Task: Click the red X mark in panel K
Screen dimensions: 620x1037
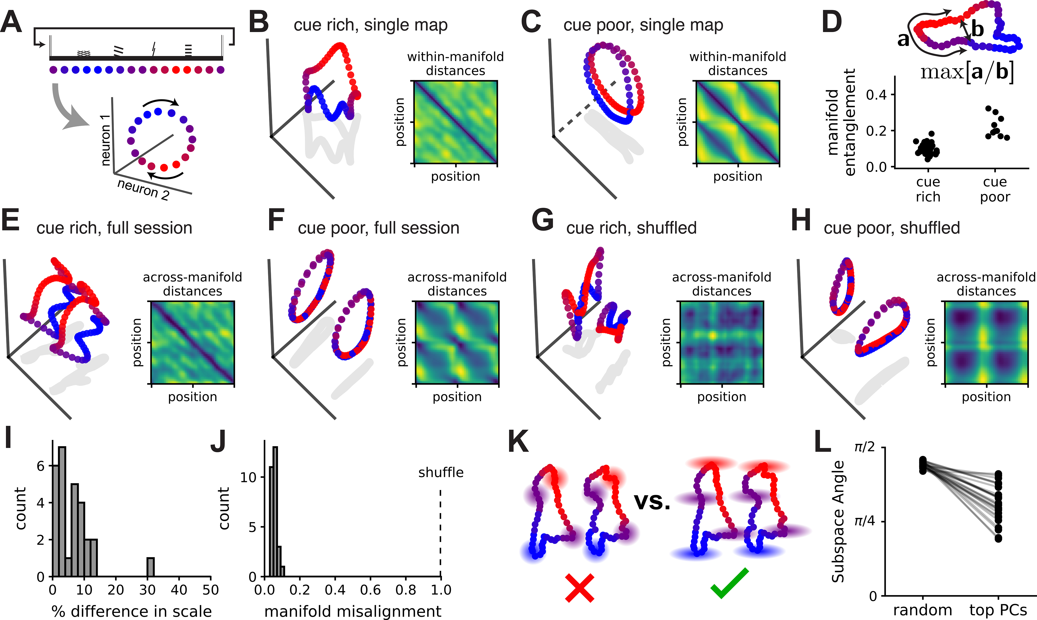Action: [579, 588]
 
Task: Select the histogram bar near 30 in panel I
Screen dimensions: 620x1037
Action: [150, 567]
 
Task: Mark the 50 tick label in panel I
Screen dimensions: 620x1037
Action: [211, 590]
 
